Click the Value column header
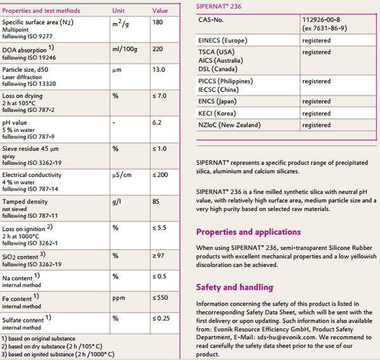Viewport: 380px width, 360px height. coord(160,11)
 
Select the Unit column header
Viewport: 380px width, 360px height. coord(118,11)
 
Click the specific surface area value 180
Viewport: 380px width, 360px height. coord(158,22)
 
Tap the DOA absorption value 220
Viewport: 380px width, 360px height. coord(158,49)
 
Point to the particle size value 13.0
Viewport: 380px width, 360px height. coord(159,70)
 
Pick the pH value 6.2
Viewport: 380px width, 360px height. coord(157,122)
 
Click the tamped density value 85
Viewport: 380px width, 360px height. coord(156,202)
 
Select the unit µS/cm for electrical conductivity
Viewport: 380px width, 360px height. coord(122,175)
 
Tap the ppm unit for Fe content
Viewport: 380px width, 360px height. coord(119,298)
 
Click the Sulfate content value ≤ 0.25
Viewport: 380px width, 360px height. coord(161,318)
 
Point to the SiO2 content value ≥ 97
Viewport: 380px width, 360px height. coord(158,255)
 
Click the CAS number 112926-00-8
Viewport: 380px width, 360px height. coord(321,20)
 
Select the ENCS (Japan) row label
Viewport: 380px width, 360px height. coord(217,101)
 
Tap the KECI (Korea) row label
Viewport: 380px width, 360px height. coord(217,113)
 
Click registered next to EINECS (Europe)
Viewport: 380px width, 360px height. coord(316,41)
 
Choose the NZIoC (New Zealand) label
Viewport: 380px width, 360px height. coord(229,125)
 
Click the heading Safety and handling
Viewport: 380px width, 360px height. coord(234,287)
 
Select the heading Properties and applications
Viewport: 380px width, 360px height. coord(248,232)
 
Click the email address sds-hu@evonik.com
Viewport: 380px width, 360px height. coord(286,337)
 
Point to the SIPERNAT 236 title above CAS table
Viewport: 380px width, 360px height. coord(218,6)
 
